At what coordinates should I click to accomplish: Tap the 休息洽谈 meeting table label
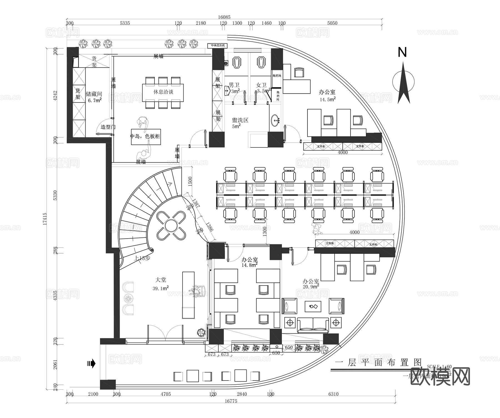pyautogui.click(x=163, y=92)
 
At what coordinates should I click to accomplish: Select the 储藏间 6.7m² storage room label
pyautogui.click(x=94, y=97)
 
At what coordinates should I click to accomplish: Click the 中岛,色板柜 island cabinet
pyautogui.click(x=145, y=136)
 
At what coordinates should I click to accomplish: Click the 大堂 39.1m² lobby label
pyautogui.click(x=161, y=284)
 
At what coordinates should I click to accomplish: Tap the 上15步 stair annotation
pyautogui.click(x=142, y=258)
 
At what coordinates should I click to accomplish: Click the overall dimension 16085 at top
pyautogui.click(x=224, y=17)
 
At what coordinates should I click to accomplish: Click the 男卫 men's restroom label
pyautogui.click(x=234, y=85)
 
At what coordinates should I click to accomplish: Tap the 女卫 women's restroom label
pyautogui.click(x=261, y=85)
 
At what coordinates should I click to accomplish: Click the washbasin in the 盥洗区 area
pyautogui.click(x=276, y=121)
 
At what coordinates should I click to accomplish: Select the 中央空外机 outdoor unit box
pyautogui.click(x=217, y=45)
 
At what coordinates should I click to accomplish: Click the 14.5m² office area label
pyautogui.click(x=327, y=99)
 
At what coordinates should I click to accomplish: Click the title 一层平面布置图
pyautogui.click(x=378, y=362)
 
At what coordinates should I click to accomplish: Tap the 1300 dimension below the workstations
pyautogui.click(x=265, y=231)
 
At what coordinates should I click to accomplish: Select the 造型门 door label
pyautogui.click(x=108, y=127)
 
